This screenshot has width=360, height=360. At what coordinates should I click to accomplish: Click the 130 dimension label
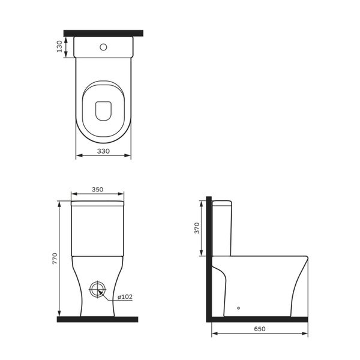click(59, 47)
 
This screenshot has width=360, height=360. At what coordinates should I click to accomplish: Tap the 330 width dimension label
click(103, 151)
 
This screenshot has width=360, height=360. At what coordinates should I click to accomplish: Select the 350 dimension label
click(98, 190)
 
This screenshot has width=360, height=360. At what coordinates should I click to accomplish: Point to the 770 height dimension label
click(55, 259)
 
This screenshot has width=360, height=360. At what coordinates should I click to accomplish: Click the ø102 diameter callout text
click(125, 296)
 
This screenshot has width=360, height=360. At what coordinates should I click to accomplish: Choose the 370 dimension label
click(197, 228)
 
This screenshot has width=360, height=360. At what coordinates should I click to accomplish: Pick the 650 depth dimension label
click(259, 329)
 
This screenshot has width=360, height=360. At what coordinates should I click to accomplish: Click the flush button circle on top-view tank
click(103, 47)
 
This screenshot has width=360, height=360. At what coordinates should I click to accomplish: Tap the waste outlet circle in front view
click(98, 289)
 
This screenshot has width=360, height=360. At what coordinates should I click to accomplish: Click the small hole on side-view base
click(239, 308)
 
